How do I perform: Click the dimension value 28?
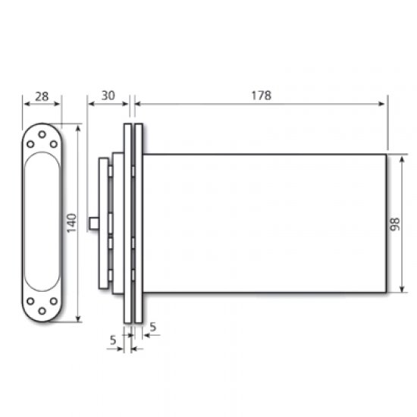[x=42, y=96]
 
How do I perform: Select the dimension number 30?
[x=108, y=96]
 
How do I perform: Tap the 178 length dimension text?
[x=260, y=96]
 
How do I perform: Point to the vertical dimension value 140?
[x=71, y=223]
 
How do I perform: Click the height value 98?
[x=394, y=224]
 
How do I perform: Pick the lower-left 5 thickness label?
[x=112, y=341]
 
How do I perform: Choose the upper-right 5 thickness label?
[x=153, y=327]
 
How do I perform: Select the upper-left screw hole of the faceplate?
[x=30, y=145]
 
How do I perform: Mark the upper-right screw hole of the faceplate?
[x=53, y=145]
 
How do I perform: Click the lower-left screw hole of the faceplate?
[x=30, y=301]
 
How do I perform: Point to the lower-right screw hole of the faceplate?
[x=53, y=301]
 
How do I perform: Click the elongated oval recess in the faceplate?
[x=42, y=223]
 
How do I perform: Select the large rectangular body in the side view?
[x=265, y=223]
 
